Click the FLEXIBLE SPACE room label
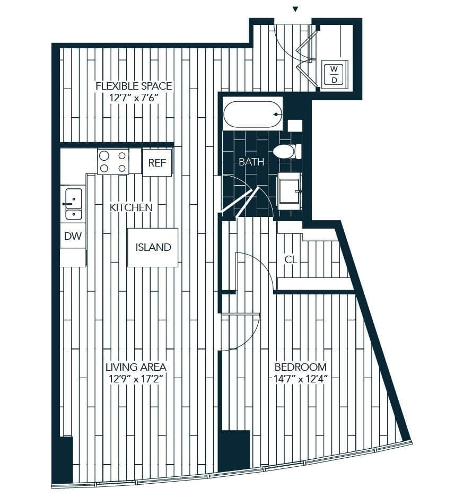[x=133, y=86]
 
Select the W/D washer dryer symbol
[x=334, y=74]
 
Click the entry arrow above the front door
[x=296, y=9]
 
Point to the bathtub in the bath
[x=252, y=114]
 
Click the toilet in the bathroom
[x=286, y=152]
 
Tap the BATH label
[x=251, y=162]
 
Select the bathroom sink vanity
[x=290, y=188]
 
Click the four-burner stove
[x=113, y=162]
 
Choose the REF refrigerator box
[x=156, y=163]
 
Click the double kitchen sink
[x=73, y=204]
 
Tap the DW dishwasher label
[x=73, y=237]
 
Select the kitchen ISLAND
[x=153, y=247]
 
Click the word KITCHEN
[x=131, y=207]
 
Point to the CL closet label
[x=290, y=260]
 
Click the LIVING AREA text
[x=136, y=367]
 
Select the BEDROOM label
[x=300, y=367]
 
